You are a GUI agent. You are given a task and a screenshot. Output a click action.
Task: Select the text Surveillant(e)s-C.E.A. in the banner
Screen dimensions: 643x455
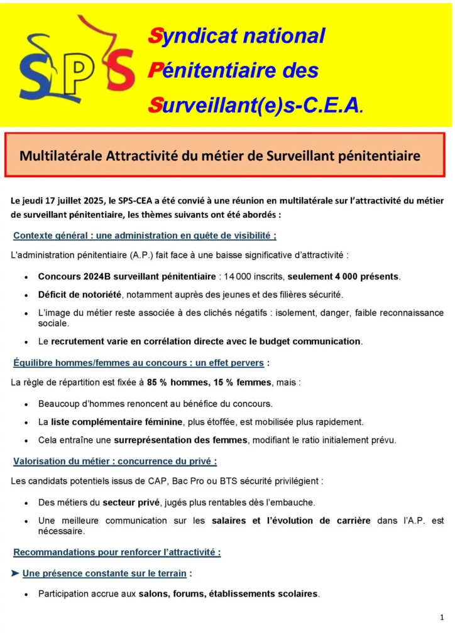pyautogui.click(x=255, y=104)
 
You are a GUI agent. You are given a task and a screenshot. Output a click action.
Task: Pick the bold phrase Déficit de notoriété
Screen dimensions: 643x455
pyautogui.click(x=79, y=294)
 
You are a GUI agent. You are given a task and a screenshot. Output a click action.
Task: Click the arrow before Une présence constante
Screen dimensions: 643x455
pyautogui.click(x=16, y=573)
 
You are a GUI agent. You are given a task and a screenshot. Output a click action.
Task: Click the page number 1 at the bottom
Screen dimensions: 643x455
pyautogui.click(x=442, y=618)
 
